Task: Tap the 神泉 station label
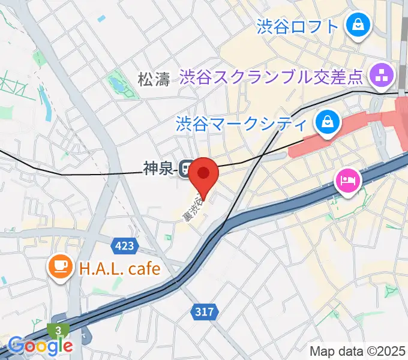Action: pyautogui.click(x=159, y=169)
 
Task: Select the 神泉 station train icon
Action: pyautogui.click(x=185, y=169)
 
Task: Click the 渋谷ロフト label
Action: pyautogui.click(x=298, y=26)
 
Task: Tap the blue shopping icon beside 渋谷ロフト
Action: pyautogui.click(x=358, y=26)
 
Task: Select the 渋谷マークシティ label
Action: pyautogui.click(x=241, y=124)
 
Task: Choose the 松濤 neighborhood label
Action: pyautogui.click(x=154, y=79)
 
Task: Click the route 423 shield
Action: pyautogui.click(x=124, y=245)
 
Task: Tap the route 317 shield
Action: pyautogui.click(x=203, y=311)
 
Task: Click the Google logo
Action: pyautogui.click(x=41, y=346)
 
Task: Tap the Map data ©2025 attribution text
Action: pyautogui.click(x=358, y=350)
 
